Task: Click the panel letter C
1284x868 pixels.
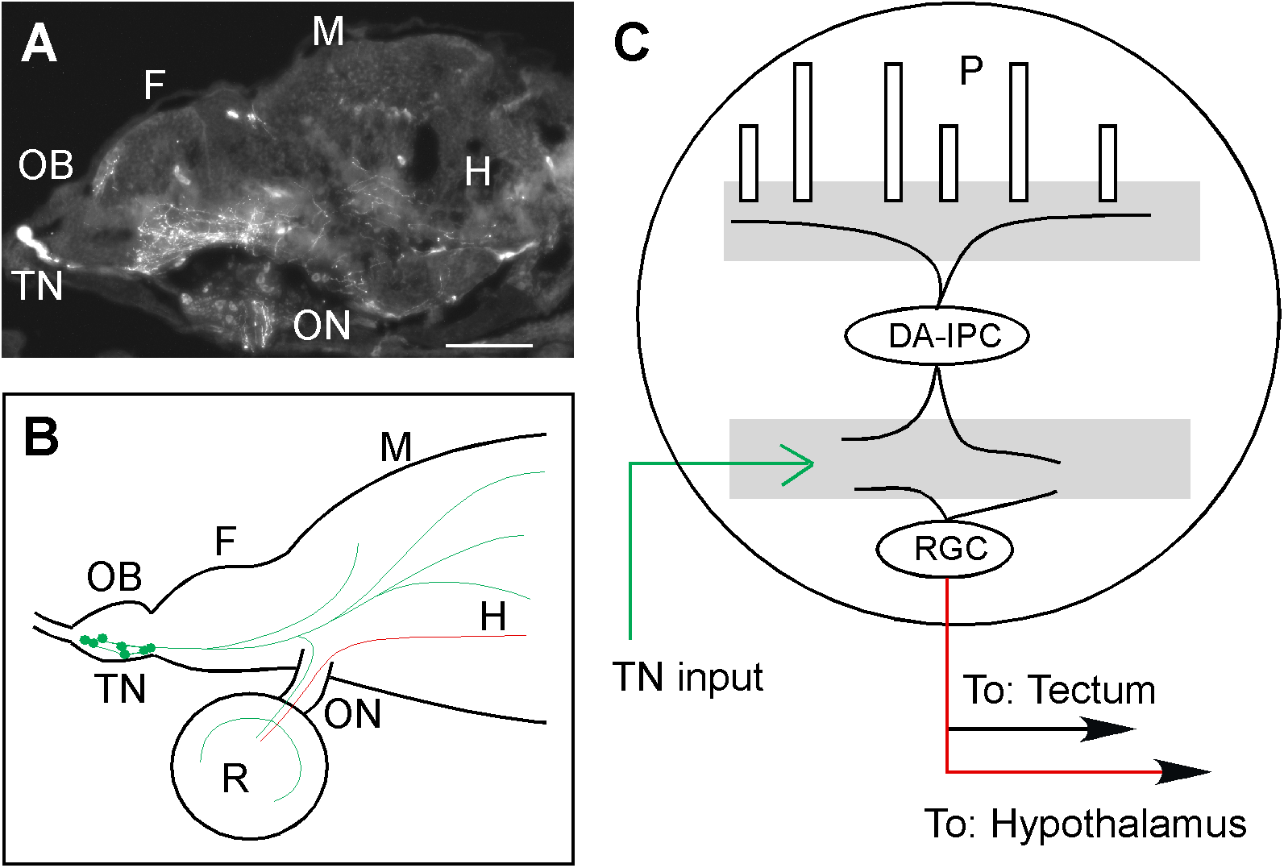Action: (x=631, y=42)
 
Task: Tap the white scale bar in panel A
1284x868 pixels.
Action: (x=488, y=346)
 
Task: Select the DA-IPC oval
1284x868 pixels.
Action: (x=937, y=336)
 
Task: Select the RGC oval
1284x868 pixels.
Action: (x=944, y=550)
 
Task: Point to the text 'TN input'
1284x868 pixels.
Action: (x=688, y=677)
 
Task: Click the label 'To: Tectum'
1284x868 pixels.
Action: (x=1059, y=691)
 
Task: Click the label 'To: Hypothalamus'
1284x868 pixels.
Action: (x=1085, y=824)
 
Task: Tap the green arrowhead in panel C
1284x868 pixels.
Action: (x=801, y=464)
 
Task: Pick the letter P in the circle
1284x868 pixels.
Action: (x=971, y=72)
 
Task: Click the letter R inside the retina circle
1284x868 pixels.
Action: (x=235, y=779)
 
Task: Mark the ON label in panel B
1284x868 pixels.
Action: (x=352, y=714)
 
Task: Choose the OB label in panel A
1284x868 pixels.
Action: (x=46, y=166)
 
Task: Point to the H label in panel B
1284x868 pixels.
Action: (x=493, y=617)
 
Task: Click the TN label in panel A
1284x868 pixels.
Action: (x=37, y=286)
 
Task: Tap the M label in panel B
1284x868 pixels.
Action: (x=396, y=447)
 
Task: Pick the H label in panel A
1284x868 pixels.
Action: (x=477, y=172)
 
